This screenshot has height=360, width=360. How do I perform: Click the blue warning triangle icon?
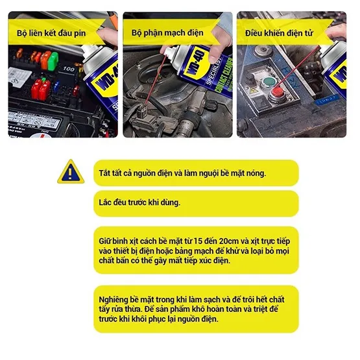point(71,172)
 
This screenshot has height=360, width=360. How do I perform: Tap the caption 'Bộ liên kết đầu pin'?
point(51,33)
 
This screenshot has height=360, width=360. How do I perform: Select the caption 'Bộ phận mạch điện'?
point(167,33)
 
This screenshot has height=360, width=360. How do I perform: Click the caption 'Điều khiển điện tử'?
point(279,33)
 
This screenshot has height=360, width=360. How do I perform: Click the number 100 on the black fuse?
point(68,69)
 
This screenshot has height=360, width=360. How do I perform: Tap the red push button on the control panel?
point(277,92)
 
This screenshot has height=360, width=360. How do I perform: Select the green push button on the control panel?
point(269,82)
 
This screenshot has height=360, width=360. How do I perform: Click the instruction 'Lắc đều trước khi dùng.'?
point(139,202)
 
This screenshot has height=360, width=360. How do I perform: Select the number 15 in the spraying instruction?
point(197,241)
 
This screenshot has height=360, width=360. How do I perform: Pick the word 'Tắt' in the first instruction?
point(104,173)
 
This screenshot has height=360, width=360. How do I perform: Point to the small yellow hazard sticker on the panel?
point(253,90)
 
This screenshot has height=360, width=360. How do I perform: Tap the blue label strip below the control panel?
point(327,100)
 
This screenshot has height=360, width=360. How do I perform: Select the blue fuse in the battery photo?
point(56,85)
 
